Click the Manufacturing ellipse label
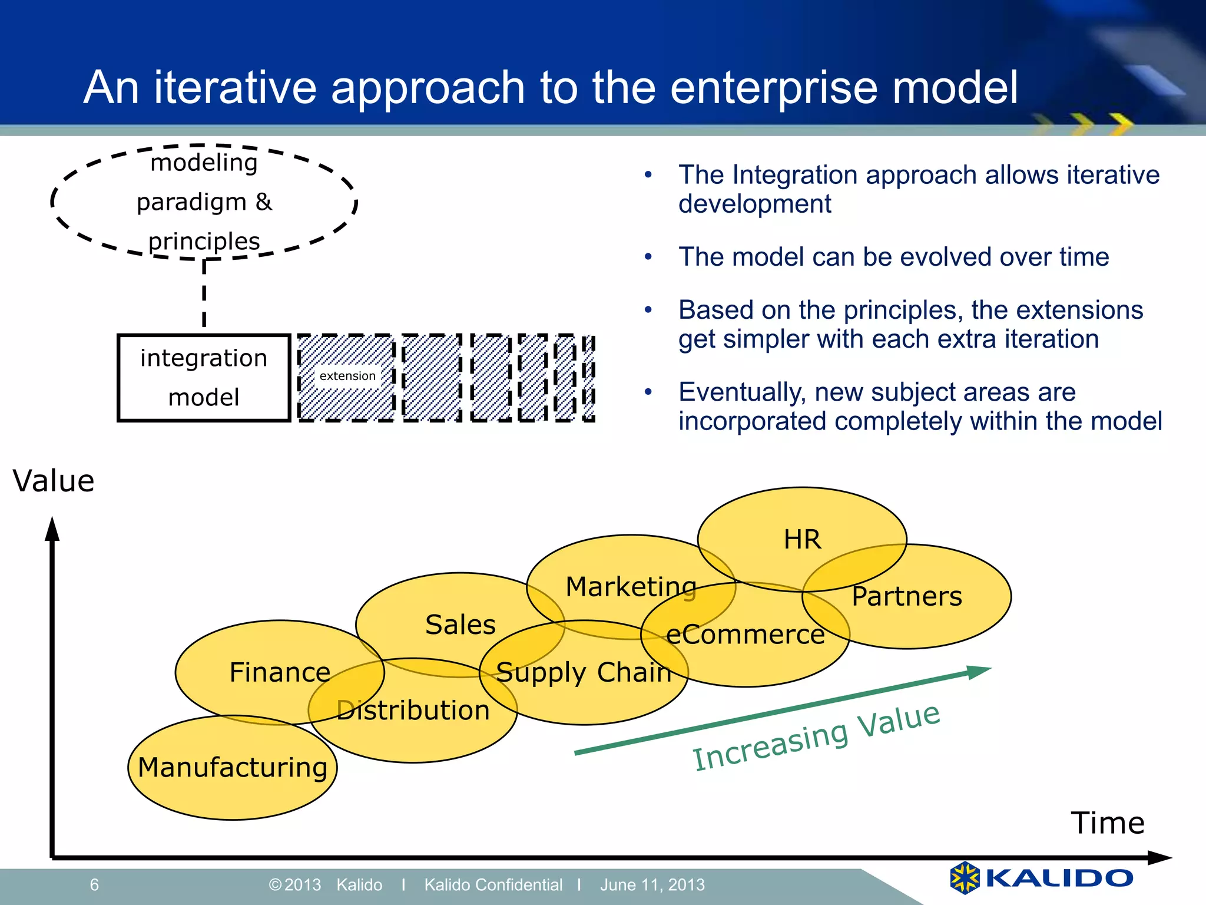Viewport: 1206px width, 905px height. point(233,767)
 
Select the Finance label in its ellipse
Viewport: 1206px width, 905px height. point(280,672)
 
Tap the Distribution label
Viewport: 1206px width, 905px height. point(413,710)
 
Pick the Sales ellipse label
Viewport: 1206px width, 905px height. point(460,625)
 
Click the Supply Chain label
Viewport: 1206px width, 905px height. point(584,672)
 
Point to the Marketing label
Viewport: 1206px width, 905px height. point(631,587)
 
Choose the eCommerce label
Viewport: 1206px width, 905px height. point(745,635)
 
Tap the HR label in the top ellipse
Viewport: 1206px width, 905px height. point(802,539)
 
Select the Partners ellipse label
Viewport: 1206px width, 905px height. point(907,596)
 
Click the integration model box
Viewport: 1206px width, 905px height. point(204,378)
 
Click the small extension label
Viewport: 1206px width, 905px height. point(347,376)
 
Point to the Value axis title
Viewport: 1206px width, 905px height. point(54,481)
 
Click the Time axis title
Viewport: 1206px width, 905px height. point(1107,823)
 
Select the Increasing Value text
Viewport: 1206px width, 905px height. point(816,736)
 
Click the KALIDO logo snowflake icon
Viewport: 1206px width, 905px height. point(965,877)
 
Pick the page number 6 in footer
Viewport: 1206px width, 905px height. point(94,884)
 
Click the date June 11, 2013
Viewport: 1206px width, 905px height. point(652,884)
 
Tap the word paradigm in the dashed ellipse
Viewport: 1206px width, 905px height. point(191,202)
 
